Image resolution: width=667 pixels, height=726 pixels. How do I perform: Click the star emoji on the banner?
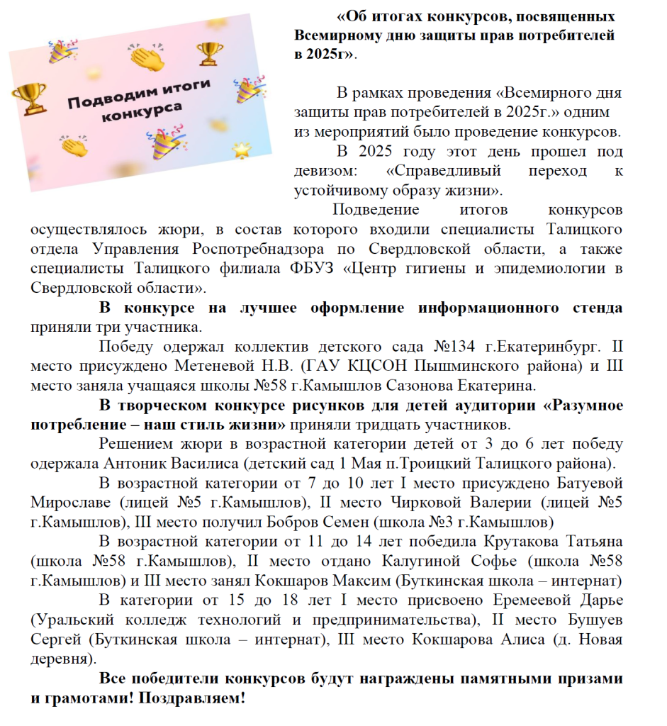tap(242, 150)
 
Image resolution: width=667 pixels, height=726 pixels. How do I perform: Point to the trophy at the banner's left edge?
tap(29, 98)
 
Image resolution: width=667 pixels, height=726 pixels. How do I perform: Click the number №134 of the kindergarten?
tap(454, 347)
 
